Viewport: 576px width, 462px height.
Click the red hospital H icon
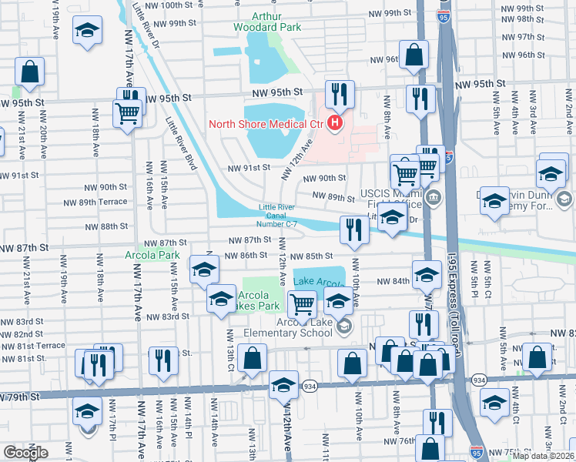tap(335, 122)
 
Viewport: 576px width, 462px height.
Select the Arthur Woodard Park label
tap(268, 21)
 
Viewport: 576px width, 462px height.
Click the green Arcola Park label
tap(152, 255)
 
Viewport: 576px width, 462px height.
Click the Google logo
tap(25, 452)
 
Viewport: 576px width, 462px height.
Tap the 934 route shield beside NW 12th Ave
tap(310, 385)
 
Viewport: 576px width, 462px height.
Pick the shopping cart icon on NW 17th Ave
tap(128, 113)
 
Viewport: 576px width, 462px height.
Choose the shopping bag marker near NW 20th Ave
tap(30, 72)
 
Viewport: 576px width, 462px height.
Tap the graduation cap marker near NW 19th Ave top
tap(87, 32)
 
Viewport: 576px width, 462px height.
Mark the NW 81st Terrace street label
tap(33, 346)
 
